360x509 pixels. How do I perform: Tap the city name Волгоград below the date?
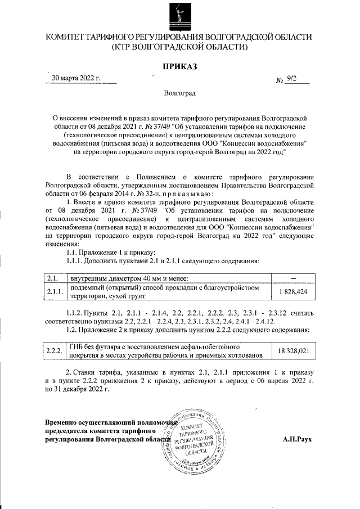pos(180,93)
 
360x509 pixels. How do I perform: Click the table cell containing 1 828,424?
pos(292,292)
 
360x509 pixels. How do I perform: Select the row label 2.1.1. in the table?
pos(54,292)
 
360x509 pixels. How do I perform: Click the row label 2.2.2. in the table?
pos(54,350)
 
